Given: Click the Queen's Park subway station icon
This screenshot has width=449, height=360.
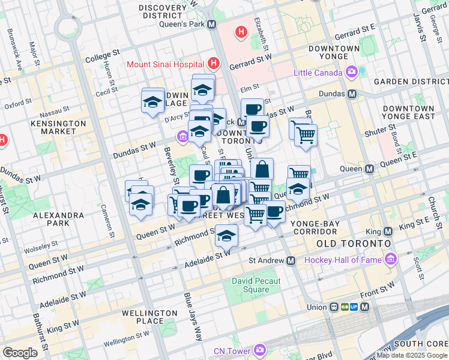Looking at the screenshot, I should coord(211,25).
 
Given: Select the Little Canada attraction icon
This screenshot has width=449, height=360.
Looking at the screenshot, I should coord(352,73).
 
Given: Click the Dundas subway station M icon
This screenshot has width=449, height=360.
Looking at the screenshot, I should coord(352,94).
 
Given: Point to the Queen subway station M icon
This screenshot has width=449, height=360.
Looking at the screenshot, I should coord(370,170).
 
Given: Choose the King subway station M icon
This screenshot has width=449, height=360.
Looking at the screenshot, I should coord(387,231).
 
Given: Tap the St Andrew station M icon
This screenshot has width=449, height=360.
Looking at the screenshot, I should coord(291,260).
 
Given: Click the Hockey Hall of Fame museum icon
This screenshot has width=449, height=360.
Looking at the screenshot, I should coord(391,260).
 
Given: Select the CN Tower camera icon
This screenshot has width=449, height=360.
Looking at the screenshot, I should coord(259,350).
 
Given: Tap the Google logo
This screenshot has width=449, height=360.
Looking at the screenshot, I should coord(20,353).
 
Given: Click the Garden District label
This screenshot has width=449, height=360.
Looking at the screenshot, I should coord(411,82).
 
